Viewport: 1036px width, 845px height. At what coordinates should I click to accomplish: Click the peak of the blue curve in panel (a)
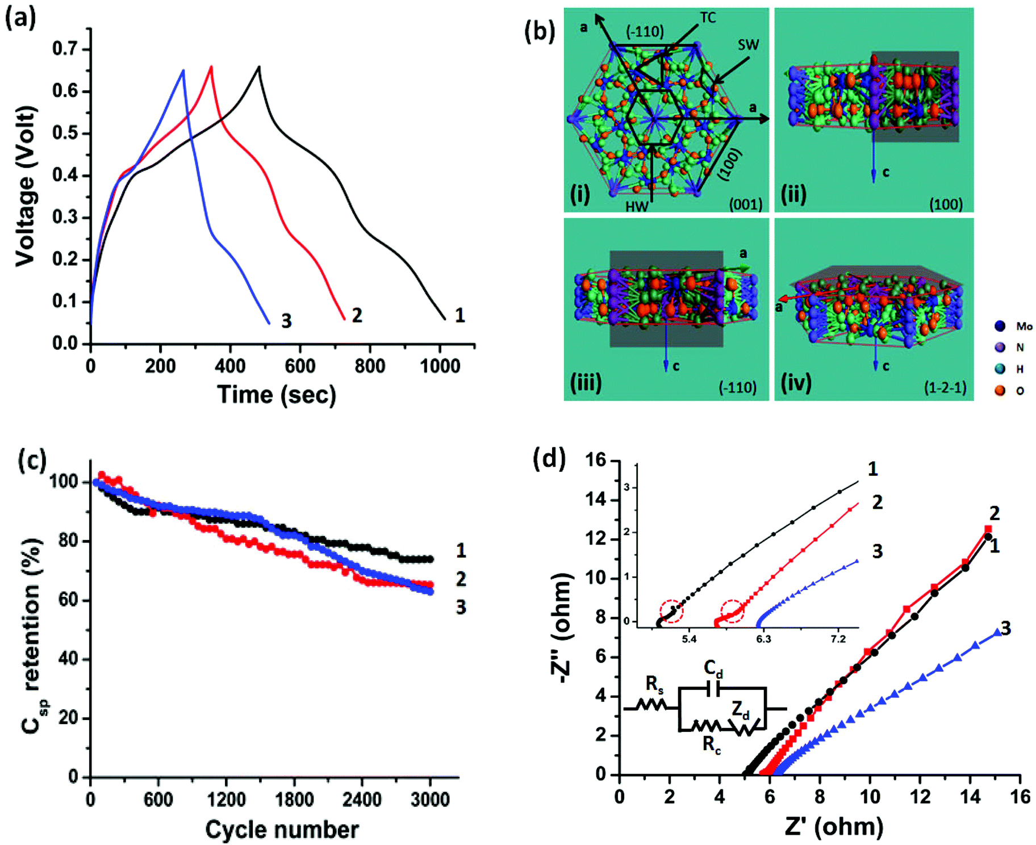[x=183, y=70]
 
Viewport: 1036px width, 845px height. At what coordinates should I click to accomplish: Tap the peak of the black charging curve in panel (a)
[x=259, y=67]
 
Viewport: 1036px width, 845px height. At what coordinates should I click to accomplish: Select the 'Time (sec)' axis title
[x=277, y=395]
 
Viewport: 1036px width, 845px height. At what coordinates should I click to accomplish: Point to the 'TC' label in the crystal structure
[x=708, y=18]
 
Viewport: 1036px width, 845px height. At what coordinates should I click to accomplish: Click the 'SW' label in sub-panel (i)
[x=748, y=44]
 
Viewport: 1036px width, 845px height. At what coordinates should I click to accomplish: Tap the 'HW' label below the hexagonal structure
[x=637, y=206]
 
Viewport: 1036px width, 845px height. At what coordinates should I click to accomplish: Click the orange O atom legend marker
[x=1000, y=390]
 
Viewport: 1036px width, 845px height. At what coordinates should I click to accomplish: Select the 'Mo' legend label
[x=1024, y=326]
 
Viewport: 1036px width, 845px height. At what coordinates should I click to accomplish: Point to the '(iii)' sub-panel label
[x=586, y=382]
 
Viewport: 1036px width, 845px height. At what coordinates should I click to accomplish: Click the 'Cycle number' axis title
[x=282, y=830]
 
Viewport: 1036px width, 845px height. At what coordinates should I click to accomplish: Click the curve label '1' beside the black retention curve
[x=461, y=550]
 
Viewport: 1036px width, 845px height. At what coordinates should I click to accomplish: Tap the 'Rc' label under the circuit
[x=712, y=744]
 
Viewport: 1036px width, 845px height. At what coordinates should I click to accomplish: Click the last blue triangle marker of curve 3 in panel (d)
[x=997, y=631]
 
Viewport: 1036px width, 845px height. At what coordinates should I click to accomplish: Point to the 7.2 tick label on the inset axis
[x=838, y=639]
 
